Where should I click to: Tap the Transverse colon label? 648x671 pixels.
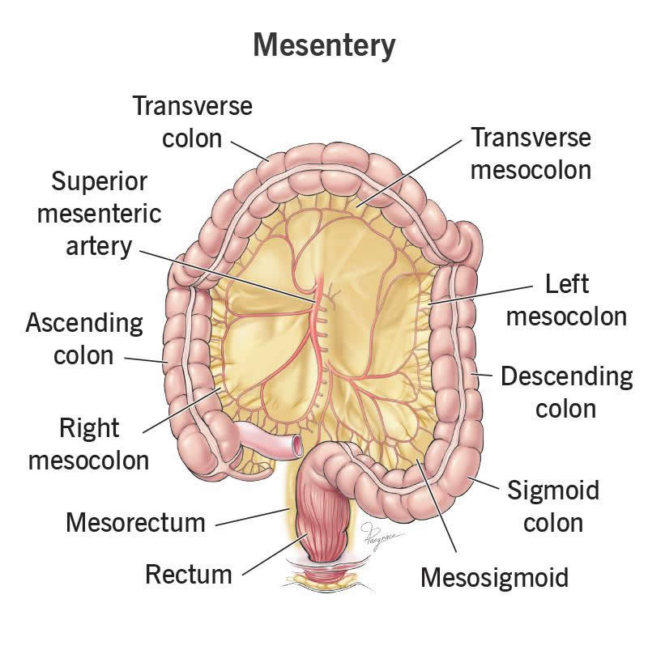tap(193, 121)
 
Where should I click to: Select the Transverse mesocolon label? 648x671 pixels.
tap(531, 154)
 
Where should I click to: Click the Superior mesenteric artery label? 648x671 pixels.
tap(106, 213)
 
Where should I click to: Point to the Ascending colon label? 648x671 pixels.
tap(84, 339)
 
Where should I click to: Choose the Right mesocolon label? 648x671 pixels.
tap(88, 444)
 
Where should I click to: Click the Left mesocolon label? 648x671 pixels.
tap(566, 299)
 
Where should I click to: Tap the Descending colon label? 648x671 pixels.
tap(566, 392)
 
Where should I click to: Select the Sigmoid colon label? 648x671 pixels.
tap(552, 505)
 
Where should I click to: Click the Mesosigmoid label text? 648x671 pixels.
tap(494, 577)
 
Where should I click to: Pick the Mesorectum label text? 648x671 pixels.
tap(135, 522)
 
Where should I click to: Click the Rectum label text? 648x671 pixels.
tap(189, 575)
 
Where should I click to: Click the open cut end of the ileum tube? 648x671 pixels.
tap(298, 444)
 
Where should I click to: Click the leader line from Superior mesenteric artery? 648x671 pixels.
tap(227, 274)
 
